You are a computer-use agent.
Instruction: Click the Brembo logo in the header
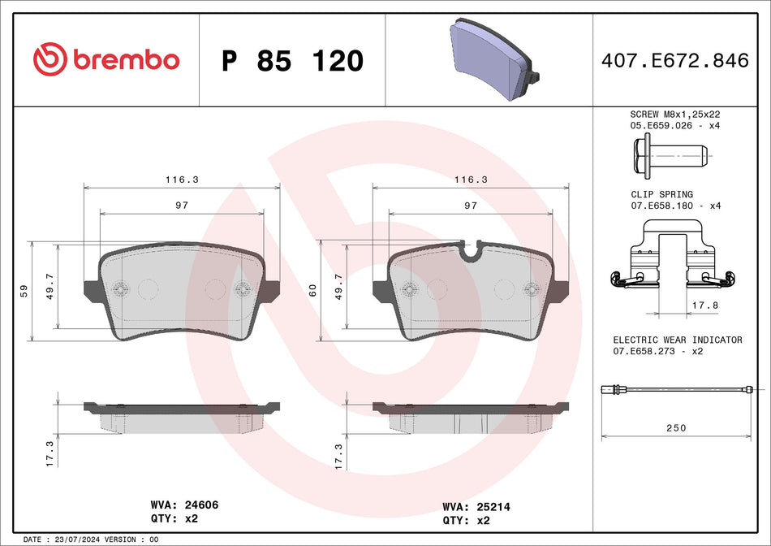(x=106, y=59)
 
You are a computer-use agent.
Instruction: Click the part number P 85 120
(x=292, y=61)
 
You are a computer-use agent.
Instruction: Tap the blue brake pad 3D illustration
(x=490, y=61)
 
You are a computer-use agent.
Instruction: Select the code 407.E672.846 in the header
(x=674, y=61)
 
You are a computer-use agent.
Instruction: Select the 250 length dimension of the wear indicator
(x=675, y=427)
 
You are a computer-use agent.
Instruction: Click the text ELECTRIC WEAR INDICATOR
(x=677, y=340)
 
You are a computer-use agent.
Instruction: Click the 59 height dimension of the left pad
(x=24, y=290)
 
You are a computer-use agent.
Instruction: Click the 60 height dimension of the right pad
(x=312, y=290)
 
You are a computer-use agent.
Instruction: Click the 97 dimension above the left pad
(x=181, y=206)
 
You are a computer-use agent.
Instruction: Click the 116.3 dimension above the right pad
(x=470, y=180)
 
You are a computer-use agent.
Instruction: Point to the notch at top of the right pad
(x=470, y=249)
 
